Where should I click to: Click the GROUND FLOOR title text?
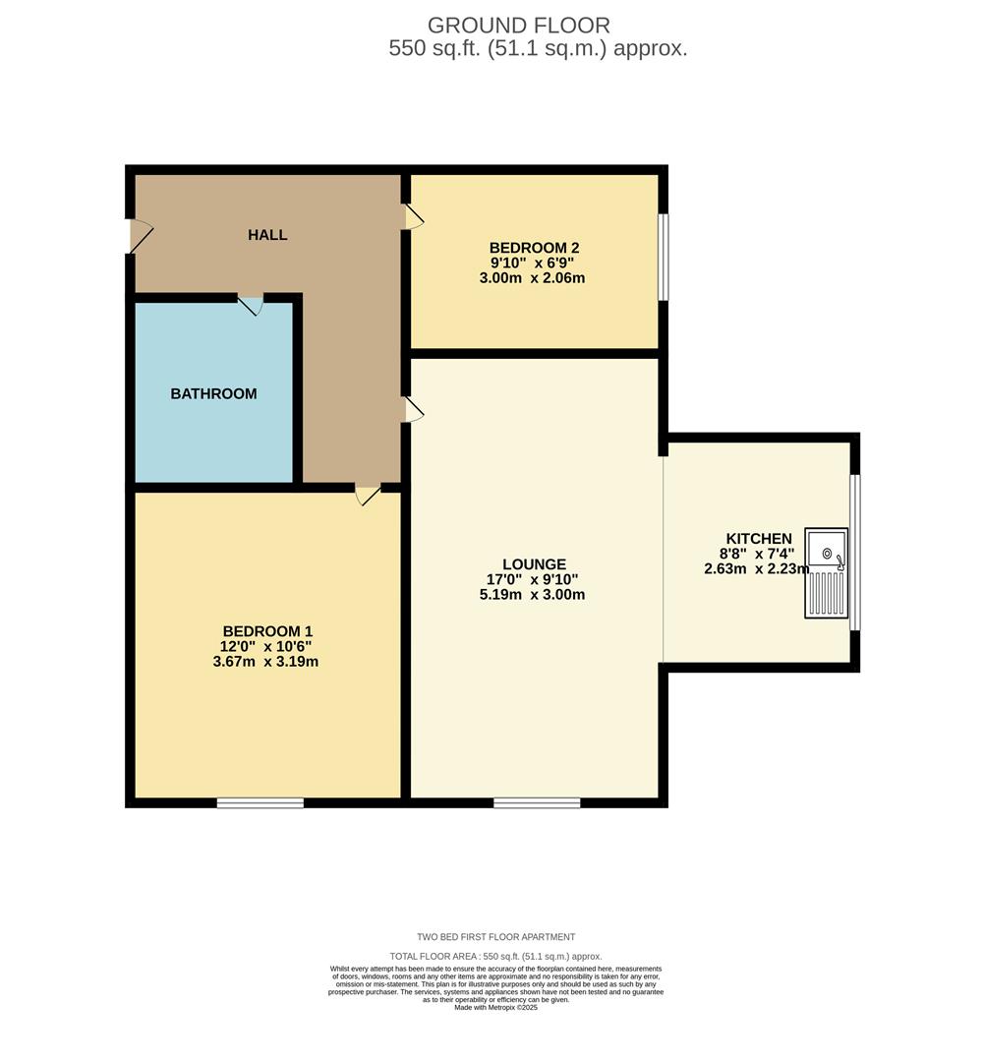[519, 26]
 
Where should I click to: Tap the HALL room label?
[267, 235]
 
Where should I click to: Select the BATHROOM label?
[213, 393]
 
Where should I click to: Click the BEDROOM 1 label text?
[267, 631]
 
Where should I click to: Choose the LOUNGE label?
[534, 564]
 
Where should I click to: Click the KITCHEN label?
[758, 539]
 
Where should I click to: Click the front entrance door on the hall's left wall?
[140, 236]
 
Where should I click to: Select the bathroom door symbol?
[251, 305]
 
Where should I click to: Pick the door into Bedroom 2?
[414, 217]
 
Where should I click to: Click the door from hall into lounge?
[414, 410]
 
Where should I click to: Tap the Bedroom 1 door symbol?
[368, 496]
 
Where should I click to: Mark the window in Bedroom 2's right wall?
[664, 257]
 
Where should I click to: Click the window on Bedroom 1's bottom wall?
[260, 803]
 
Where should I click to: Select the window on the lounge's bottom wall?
[537, 803]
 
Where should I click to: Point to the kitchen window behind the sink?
[854, 552]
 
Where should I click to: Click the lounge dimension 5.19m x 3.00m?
[534, 594]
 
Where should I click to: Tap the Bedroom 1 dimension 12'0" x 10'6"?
[267, 646]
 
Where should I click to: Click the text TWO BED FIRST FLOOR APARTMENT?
[495, 937]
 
